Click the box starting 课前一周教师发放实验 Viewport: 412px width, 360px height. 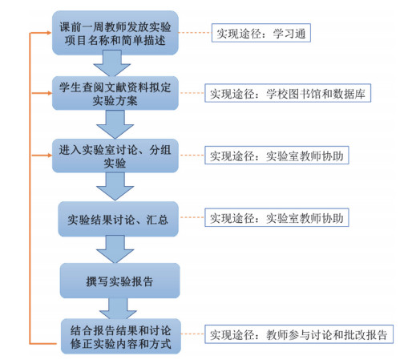click(x=115, y=33)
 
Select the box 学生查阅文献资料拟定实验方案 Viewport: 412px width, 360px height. click(x=115, y=93)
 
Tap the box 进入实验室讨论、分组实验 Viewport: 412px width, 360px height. click(x=115, y=156)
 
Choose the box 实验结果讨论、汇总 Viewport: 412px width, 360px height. click(x=118, y=219)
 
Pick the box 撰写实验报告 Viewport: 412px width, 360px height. click(x=119, y=281)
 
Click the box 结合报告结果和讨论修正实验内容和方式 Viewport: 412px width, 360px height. click(x=121, y=336)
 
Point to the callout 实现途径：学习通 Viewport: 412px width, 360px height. click(x=261, y=33)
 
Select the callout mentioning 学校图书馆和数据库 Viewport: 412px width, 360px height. click(x=288, y=93)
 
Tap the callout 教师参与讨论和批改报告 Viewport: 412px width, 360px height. click(x=299, y=334)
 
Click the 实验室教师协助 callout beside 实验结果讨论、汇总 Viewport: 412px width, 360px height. click(x=277, y=217)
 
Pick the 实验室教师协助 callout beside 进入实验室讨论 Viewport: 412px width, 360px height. click(x=277, y=155)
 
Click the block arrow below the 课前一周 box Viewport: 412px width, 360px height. click(x=112, y=63)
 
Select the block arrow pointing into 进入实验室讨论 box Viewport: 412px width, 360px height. click(x=115, y=124)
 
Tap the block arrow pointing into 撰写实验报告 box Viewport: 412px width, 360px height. click(x=115, y=249)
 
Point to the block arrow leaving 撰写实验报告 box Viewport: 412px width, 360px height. click(x=118, y=309)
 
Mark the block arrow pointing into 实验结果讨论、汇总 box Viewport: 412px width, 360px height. click(x=115, y=187)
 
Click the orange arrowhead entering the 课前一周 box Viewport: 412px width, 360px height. click(x=49, y=33)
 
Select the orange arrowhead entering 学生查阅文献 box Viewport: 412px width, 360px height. click(x=49, y=93)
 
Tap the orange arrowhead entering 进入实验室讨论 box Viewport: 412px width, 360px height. click(x=49, y=155)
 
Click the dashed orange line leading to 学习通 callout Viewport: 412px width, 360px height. click(x=195, y=33)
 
